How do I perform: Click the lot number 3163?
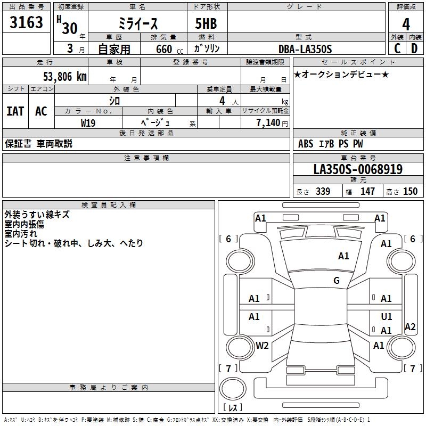click(27, 23)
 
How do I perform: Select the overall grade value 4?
click(406, 24)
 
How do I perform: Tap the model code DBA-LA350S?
click(305, 49)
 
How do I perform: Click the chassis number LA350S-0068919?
click(358, 169)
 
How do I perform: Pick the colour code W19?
click(88, 122)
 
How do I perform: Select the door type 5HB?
click(206, 24)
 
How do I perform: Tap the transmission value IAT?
click(15, 111)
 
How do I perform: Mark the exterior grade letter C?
click(397, 48)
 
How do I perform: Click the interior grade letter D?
click(414, 48)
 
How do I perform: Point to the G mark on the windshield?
click(337, 281)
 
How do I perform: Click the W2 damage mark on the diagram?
click(262, 346)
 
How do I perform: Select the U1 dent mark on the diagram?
click(387, 317)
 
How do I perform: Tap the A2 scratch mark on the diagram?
click(410, 327)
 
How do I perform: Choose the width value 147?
click(367, 192)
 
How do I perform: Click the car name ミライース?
click(137, 24)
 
